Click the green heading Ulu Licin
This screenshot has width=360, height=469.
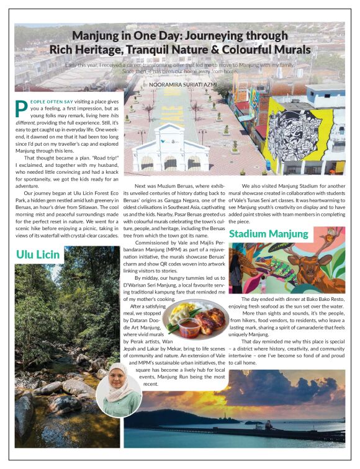point(39,254)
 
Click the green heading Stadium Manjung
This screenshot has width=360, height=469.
point(268,234)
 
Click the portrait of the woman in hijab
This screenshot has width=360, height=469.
point(119,391)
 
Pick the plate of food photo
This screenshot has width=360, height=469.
point(194,318)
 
